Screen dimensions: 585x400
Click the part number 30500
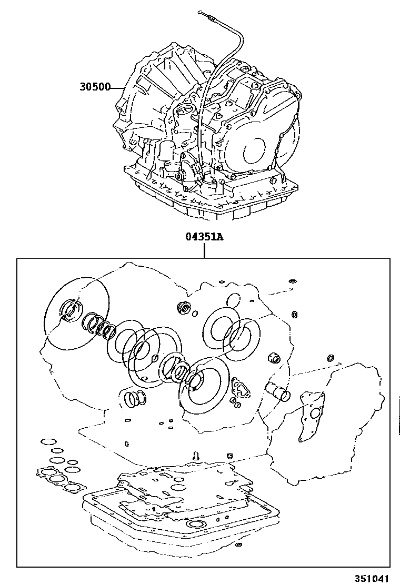tap(94, 88)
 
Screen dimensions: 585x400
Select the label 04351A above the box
tap(204, 237)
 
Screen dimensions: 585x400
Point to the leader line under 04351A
tap(204, 251)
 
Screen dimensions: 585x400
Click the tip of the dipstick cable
tap(201, 11)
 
